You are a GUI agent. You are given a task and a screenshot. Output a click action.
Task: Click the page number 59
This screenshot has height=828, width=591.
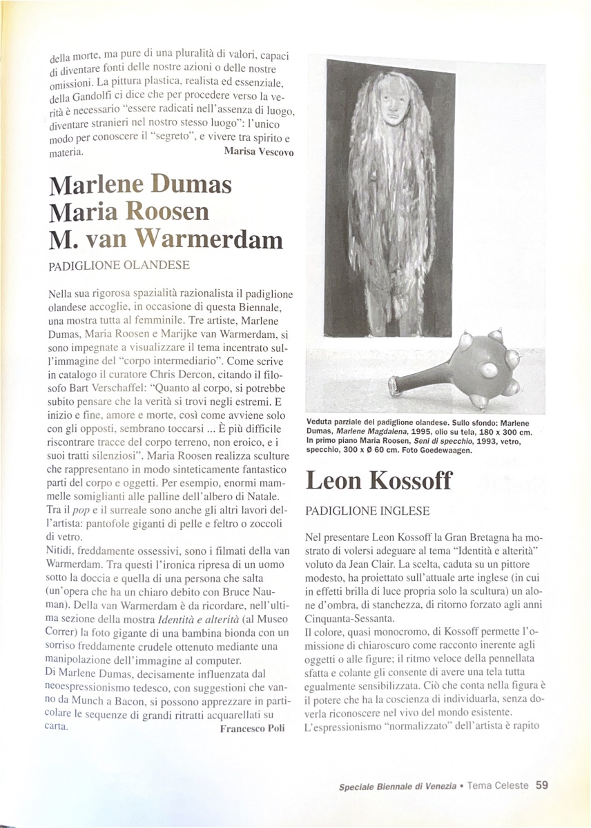pyautogui.click(x=542, y=785)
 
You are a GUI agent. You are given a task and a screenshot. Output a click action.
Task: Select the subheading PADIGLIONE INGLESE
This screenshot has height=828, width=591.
pyautogui.click(x=367, y=511)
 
